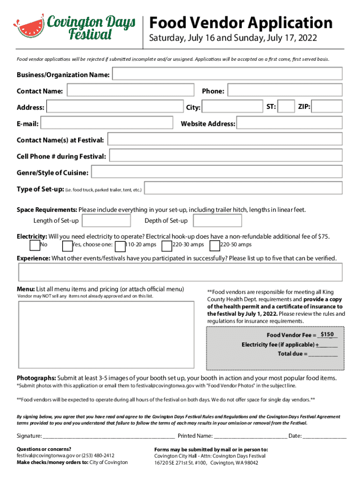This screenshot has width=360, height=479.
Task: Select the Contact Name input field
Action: pyautogui.click(x=130, y=90)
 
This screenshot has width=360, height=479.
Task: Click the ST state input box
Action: pyautogui.click(x=286, y=107)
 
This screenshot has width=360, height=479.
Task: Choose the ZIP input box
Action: pyautogui.click(x=328, y=107)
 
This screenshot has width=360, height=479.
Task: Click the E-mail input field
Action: pyautogui.click(x=107, y=123)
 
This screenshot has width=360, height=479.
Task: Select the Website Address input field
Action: pyautogui.click(x=289, y=123)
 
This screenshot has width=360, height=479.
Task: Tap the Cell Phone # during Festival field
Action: pyautogui.click(x=226, y=156)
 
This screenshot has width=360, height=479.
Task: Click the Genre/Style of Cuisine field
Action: pyautogui.click(x=217, y=173)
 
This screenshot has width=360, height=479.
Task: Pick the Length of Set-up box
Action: pyautogui.click(x=106, y=221)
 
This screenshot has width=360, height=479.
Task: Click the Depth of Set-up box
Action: pyautogui.click(x=217, y=221)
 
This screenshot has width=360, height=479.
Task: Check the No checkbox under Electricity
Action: pyautogui.click(x=35, y=245)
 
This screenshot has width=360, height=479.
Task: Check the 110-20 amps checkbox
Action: pyautogui.click(x=120, y=245)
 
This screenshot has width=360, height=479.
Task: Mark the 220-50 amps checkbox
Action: pyautogui.click(x=215, y=245)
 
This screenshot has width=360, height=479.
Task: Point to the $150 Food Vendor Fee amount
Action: pyautogui.click(x=327, y=334)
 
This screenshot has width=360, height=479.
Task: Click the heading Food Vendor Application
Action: pyautogui.click(x=241, y=22)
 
